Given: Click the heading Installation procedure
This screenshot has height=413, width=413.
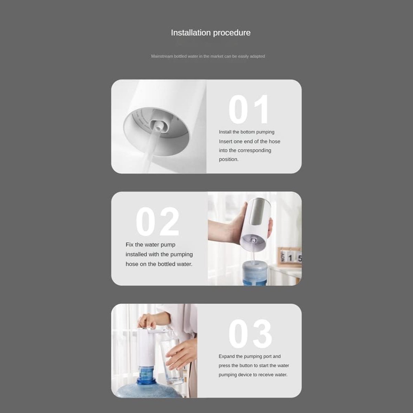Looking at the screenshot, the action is [211, 33].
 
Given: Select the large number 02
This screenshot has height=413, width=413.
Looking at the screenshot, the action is [158, 221].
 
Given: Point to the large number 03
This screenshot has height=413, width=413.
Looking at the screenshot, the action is [250, 333].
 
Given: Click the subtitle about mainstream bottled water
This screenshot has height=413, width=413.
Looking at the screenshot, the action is [208, 56].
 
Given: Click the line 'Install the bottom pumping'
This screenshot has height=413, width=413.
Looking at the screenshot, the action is [246, 132].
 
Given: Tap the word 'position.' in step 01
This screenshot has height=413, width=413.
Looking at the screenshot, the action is [229, 159].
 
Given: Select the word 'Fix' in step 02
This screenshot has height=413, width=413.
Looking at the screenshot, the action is [129, 245].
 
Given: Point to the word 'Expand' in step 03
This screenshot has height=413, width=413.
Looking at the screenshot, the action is [226, 357].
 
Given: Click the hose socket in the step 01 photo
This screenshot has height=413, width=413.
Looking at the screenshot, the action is [158, 127].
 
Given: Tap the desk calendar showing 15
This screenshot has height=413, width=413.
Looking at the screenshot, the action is [289, 257].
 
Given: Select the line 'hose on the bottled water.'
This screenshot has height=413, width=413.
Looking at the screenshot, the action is [159, 264].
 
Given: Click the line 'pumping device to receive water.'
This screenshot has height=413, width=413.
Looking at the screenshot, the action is [253, 375].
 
